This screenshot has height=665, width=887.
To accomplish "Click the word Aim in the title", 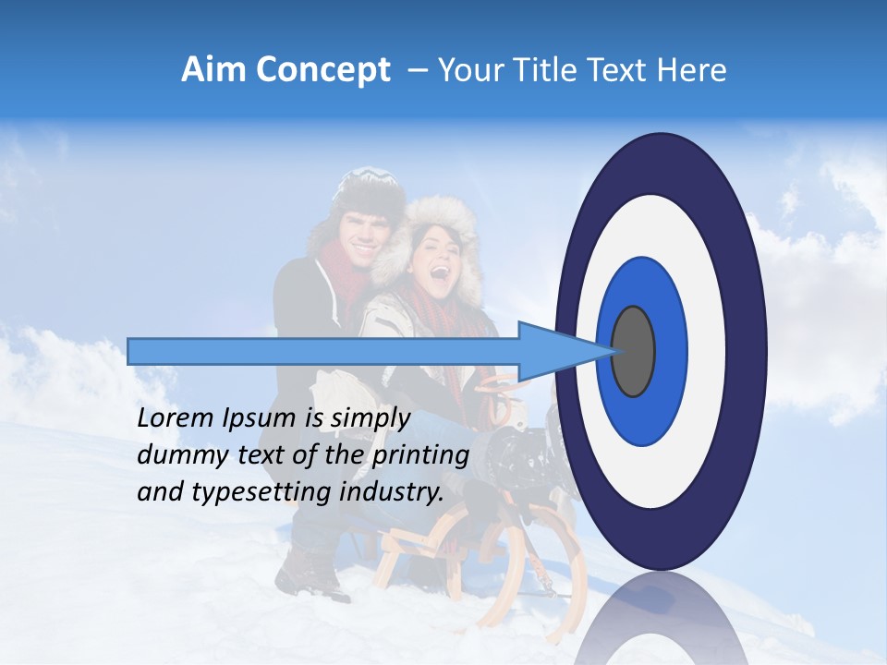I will pos(213,70).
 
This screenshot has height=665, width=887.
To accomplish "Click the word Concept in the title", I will pos(322,70).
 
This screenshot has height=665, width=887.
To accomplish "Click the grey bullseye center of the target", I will pos(634,351).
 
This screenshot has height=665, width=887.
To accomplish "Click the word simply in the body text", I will pos(370,418).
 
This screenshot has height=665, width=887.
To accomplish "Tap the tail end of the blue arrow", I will pos(131,351).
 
